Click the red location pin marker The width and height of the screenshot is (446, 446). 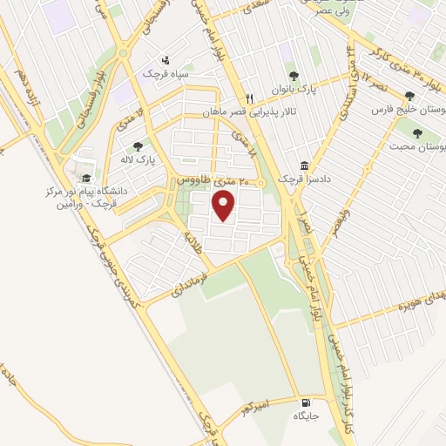(x=225, y=206)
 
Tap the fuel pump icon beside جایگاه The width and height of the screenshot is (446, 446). (x=305, y=403)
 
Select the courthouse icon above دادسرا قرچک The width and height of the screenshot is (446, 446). (x=303, y=166)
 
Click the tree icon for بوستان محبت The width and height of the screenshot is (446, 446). (x=417, y=133)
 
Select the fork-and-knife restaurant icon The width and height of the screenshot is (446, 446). (x=249, y=98)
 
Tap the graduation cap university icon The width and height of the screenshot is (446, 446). (x=86, y=178)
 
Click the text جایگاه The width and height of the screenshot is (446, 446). (x=306, y=417)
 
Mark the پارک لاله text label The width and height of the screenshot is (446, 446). (x=131, y=161)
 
